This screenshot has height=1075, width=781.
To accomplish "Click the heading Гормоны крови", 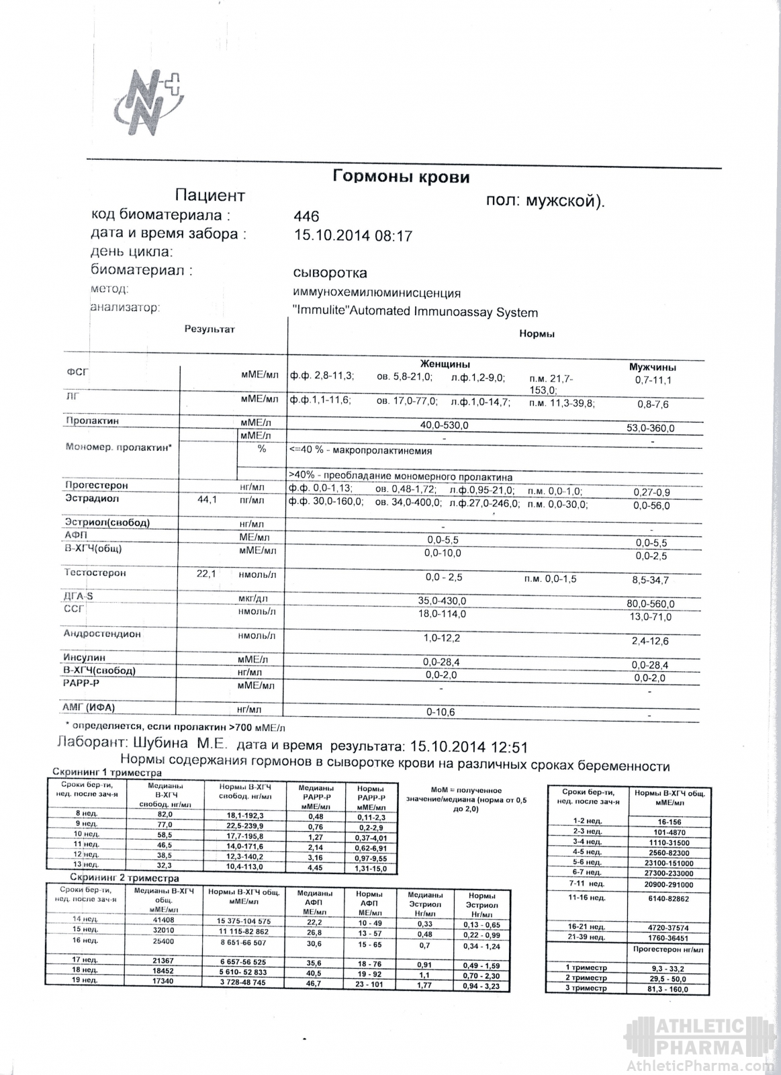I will coord(401,177).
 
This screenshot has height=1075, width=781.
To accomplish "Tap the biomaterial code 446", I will coord(306,216).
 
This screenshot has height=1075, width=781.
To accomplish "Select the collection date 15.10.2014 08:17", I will coord(353,236).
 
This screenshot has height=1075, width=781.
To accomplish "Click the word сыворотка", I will coord(330,273).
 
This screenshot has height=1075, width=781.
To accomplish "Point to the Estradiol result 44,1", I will coord(205,501).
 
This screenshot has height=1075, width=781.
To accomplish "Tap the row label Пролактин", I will coord(92,421).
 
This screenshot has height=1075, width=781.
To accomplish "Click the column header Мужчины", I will coord(651,367).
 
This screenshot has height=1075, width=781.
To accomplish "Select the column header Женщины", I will coord(445,363).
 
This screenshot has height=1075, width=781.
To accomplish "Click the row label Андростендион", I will coord(102,634).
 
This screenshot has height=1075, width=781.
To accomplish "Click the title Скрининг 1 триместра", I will coord(103,773).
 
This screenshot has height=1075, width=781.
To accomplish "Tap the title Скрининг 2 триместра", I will coord(125,878).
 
